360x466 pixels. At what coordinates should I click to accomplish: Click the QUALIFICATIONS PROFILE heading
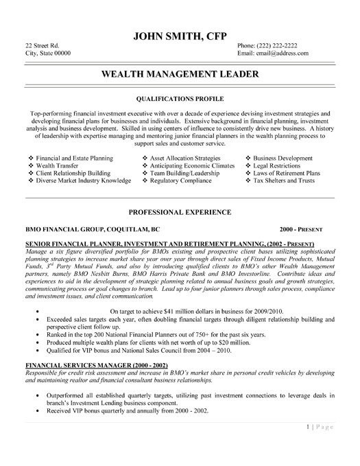tap(180, 98)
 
